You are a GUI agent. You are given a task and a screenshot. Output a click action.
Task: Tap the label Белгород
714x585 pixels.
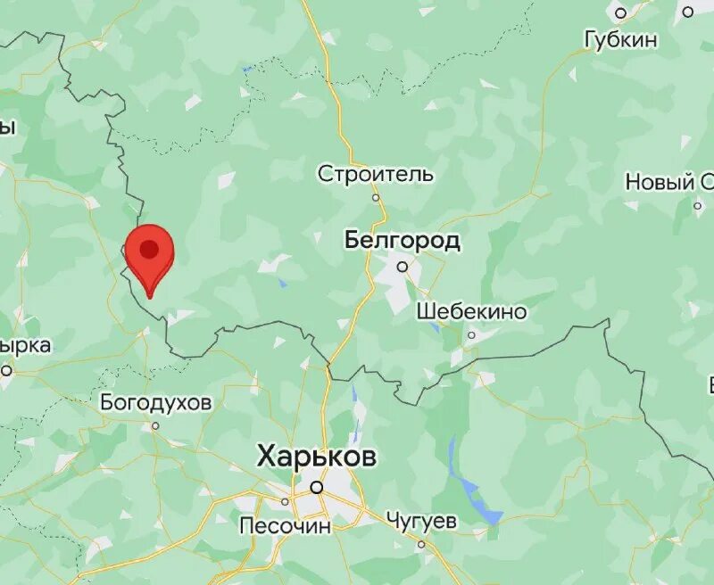[x=403, y=240]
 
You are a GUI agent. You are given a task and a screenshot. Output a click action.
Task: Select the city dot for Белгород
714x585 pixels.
[x=403, y=266]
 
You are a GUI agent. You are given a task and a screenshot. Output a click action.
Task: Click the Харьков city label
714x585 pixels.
[x=317, y=457]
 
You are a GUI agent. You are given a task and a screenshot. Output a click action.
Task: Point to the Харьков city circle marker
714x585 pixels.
[x=316, y=487]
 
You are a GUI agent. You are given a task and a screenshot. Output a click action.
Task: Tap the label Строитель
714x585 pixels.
[x=376, y=174]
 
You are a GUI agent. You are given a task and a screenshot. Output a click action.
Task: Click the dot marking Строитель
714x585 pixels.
[x=376, y=197]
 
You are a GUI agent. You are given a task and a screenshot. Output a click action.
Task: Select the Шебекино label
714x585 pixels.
[x=471, y=312]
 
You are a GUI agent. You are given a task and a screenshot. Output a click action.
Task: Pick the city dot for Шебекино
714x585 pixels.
[x=471, y=335]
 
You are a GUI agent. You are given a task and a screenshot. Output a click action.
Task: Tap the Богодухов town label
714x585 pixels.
[x=156, y=403]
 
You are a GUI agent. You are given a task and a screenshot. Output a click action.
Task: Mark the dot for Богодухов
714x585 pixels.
[x=155, y=426]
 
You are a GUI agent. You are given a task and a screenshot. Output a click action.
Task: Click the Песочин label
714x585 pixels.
[x=285, y=526]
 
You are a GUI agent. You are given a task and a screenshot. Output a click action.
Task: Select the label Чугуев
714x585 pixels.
[x=422, y=520]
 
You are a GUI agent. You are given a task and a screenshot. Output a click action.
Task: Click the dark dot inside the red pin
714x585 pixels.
[x=149, y=249]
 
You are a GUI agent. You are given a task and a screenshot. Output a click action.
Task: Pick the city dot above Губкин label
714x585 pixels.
[x=621, y=12]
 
